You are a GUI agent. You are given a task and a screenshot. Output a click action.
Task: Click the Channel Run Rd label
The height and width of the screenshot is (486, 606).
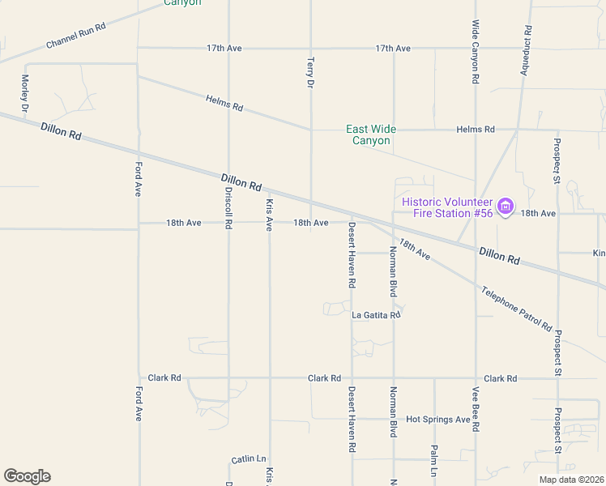pos(76,36)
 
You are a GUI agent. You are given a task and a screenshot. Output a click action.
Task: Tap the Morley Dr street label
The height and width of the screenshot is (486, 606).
pos(25,93)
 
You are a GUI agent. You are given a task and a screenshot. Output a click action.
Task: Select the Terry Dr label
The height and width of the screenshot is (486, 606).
pos(309,72)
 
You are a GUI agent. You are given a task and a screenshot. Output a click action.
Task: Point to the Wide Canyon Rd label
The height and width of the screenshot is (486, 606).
pos(476,53)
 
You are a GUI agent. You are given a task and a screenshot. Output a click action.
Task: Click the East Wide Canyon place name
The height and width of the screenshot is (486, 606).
pos(371,134)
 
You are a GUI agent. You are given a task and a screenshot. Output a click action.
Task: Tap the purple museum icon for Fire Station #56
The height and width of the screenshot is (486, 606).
pos(506,207)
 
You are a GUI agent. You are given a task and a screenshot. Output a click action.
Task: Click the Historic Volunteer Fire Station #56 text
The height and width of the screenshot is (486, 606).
pos(447,207)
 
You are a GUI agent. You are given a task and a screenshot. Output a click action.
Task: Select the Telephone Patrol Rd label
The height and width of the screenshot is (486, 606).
pos(515,309)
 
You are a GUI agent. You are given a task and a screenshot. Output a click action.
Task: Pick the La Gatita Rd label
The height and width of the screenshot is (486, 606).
pos(376,315)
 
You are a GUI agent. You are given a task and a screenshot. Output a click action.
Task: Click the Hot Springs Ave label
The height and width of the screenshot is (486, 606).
pos(438,420)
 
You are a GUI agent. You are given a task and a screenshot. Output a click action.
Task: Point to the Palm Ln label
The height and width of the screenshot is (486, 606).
pos(434,460)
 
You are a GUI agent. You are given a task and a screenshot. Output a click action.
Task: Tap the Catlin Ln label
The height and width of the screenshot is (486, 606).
pos(248,458)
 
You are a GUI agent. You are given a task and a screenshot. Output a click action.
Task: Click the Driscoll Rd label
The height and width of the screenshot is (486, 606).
pos(228,207)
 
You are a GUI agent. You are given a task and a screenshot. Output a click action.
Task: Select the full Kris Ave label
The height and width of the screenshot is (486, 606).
pos(270,214)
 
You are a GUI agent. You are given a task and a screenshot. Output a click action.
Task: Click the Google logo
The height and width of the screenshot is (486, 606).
pos(27,476)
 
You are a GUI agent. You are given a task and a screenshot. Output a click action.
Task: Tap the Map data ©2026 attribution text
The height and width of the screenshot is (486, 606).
pos(571,480)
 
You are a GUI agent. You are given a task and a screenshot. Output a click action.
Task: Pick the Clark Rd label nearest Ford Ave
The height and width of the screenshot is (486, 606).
pos(164,378)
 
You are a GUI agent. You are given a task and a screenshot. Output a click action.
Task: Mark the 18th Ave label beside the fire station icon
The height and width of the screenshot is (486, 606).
pos(539,213)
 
